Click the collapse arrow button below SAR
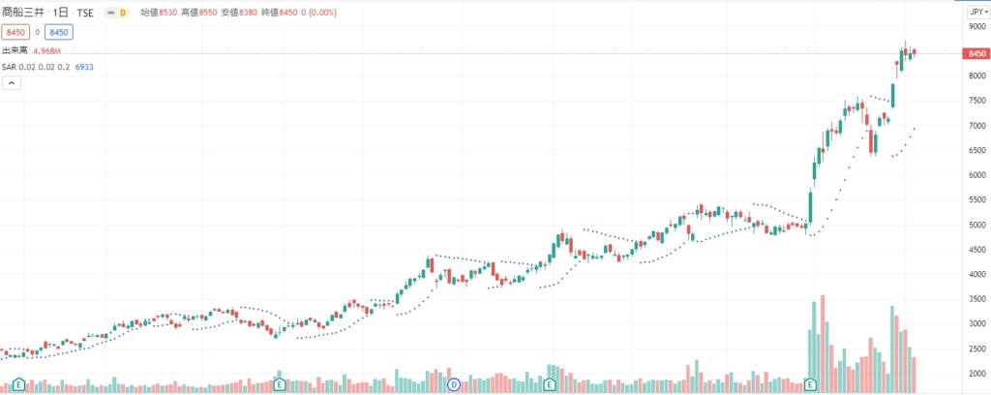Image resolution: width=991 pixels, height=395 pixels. (x=12, y=84)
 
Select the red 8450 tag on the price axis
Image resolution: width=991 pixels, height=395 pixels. (x=975, y=53)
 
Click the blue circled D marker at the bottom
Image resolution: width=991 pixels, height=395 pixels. (x=453, y=384)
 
